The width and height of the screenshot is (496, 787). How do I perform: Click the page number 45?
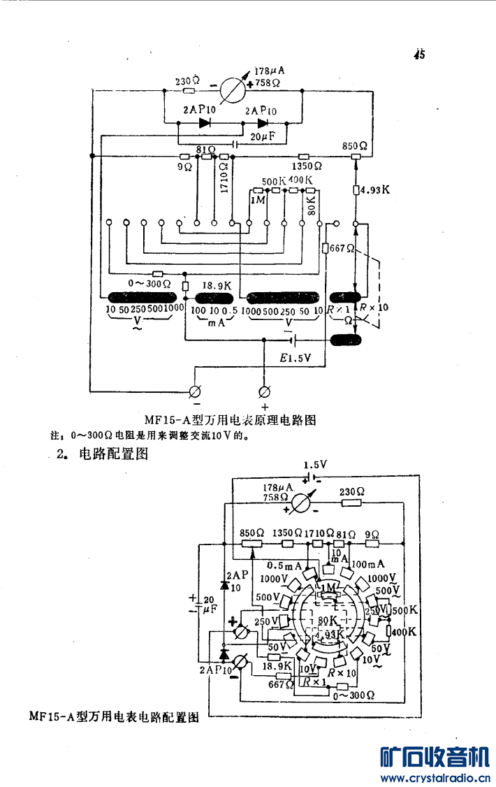click(x=419, y=55)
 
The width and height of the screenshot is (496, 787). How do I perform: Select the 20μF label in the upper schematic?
click(x=263, y=137)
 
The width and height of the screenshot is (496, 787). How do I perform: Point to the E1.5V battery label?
click(x=296, y=357)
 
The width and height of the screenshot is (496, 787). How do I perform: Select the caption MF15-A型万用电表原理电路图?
click(x=231, y=420)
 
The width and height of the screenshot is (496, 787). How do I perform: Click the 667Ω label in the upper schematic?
click(x=342, y=249)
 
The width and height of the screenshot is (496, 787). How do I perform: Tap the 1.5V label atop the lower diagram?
click(x=315, y=464)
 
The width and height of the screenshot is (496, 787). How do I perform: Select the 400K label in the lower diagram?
click(x=404, y=631)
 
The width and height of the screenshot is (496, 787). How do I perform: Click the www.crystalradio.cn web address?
click(x=433, y=777)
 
